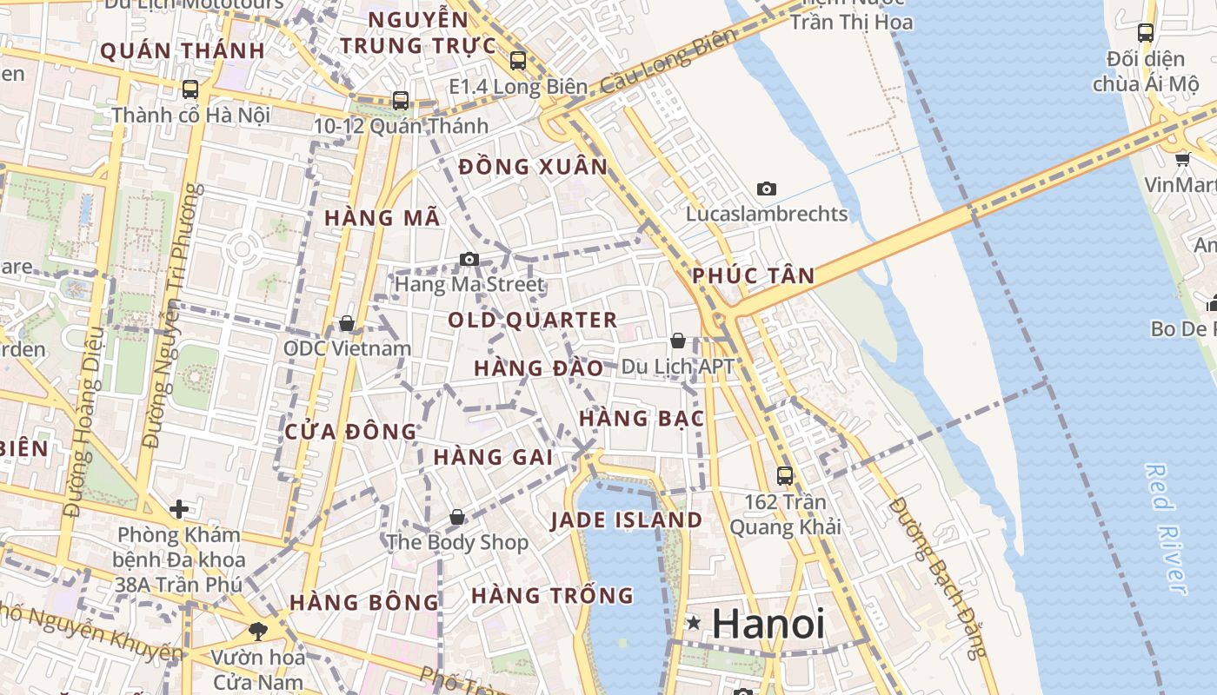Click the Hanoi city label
click(768, 623)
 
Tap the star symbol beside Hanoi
click(694, 622)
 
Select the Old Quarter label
click(532, 320)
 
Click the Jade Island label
click(627, 520)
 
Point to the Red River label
click(1166, 529)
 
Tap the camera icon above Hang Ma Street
click(469, 259)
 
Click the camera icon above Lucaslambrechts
click(766, 189)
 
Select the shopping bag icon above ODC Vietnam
click(347, 323)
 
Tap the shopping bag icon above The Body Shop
click(457, 517)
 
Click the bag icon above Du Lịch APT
click(678, 341)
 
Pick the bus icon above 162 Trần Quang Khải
click(785, 476)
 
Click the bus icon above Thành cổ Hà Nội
click(190, 89)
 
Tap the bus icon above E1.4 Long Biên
click(518, 61)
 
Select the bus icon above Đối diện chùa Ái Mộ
click(1146, 33)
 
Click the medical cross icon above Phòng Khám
click(179, 508)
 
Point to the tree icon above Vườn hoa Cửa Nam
click(257, 632)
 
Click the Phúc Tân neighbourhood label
click(754, 276)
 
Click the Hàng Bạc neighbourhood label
click(641, 418)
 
